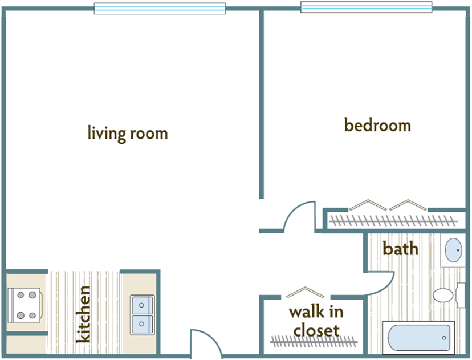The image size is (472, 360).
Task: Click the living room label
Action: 128,134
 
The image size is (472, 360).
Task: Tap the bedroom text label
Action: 377,125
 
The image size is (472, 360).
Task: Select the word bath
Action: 400,249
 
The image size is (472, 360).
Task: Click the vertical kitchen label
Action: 83,314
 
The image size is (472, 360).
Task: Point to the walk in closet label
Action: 316,321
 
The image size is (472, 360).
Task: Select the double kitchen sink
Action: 141,315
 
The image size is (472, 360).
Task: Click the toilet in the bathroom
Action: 444,295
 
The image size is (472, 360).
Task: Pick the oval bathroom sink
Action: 454,250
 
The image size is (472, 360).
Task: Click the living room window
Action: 159,9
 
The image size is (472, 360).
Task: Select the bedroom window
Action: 366,7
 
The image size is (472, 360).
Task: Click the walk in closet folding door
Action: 305,292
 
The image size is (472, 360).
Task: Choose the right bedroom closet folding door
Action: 408,204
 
